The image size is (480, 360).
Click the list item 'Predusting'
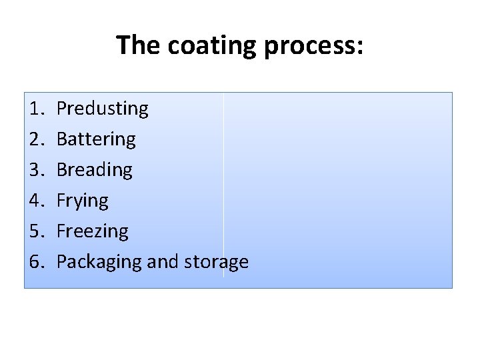tap(103, 108)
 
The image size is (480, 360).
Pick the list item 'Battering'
tap(96, 139)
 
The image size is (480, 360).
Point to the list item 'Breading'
tap(95, 169)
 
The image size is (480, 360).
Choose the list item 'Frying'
tap(83, 200)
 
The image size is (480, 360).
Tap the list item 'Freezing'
tap(93, 231)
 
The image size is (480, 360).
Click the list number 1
tap(36, 108)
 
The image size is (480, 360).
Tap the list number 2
tap(36, 139)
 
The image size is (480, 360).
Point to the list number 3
tap(36, 169)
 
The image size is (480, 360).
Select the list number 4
tap(36, 200)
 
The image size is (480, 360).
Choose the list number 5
tap(36, 231)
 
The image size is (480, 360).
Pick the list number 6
tap(36, 261)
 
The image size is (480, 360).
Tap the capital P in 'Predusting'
tap(61, 108)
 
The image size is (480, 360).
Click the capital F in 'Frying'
tap(61, 200)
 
